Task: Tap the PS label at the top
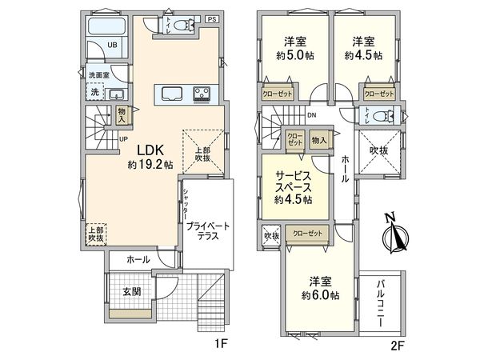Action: [x=212, y=18]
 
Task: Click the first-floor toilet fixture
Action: [x=175, y=26]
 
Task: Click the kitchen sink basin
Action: [x=172, y=94]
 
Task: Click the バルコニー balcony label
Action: [x=381, y=303]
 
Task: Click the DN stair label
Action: [x=311, y=115]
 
